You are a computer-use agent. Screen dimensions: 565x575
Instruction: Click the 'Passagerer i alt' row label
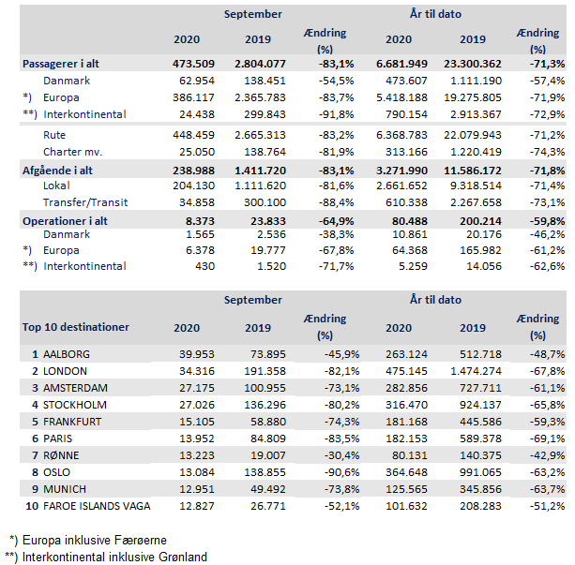click(61, 64)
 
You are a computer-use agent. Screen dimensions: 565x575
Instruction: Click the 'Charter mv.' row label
click(72, 152)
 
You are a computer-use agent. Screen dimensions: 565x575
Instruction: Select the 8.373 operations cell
click(198, 220)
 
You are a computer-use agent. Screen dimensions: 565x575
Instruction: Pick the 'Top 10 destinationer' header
click(75, 327)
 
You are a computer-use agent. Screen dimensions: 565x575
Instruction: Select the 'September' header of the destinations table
click(253, 300)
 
